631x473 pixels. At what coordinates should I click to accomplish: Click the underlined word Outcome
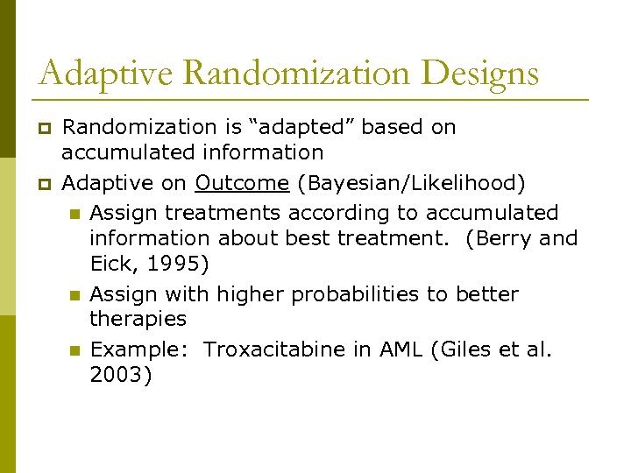[242, 183]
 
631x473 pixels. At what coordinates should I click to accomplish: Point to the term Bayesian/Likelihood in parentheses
[412, 183]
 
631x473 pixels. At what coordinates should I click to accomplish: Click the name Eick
[112, 263]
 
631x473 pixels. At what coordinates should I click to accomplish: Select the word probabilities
[351, 294]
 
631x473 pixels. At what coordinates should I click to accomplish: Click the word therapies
[138, 319]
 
